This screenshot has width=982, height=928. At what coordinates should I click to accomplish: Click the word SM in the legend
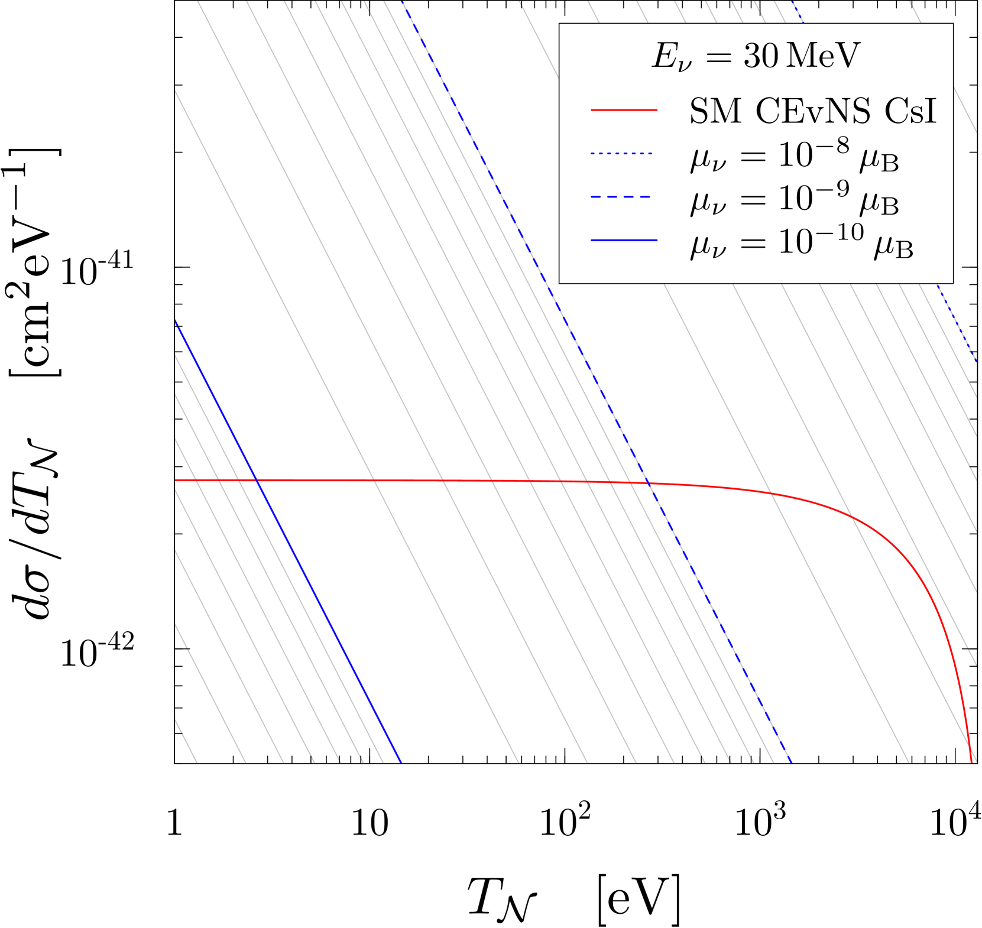pos(715,111)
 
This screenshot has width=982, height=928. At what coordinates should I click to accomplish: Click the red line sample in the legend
pos(624,110)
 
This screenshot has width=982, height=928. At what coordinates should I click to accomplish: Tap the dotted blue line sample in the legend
pos(621,154)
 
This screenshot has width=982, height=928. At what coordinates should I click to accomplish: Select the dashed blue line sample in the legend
pos(621,197)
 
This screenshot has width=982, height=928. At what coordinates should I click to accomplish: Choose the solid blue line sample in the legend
pos(624,240)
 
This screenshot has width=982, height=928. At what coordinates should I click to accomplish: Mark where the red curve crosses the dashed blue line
pos(649,484)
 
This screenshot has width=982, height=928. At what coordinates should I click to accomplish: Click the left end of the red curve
pos(176,481)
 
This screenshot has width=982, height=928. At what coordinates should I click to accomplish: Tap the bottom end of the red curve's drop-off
pos(971,761)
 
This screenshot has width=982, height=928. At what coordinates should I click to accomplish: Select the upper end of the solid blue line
pos(176,321)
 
